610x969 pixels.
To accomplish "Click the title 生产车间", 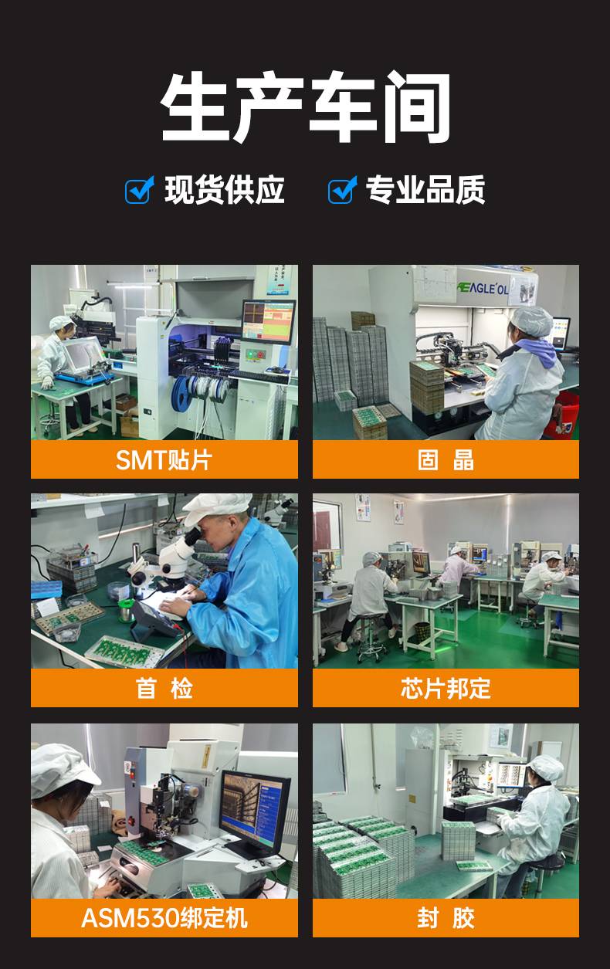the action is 306,107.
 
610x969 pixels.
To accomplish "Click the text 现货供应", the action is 224,189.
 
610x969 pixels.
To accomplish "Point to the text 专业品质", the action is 425,189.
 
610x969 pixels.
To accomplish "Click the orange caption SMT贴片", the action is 164,460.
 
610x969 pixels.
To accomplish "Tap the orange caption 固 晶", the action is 446,460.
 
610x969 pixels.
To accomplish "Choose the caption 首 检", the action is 164,688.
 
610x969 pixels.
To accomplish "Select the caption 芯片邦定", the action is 446,688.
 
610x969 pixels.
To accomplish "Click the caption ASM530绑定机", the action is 164,918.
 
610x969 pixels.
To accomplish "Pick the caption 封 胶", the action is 446,918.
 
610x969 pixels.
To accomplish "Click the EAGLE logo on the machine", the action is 483,288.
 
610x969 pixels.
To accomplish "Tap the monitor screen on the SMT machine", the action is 268,321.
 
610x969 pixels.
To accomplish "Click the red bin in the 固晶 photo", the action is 563,413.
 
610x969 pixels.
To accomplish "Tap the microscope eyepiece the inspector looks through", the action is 192,537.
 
